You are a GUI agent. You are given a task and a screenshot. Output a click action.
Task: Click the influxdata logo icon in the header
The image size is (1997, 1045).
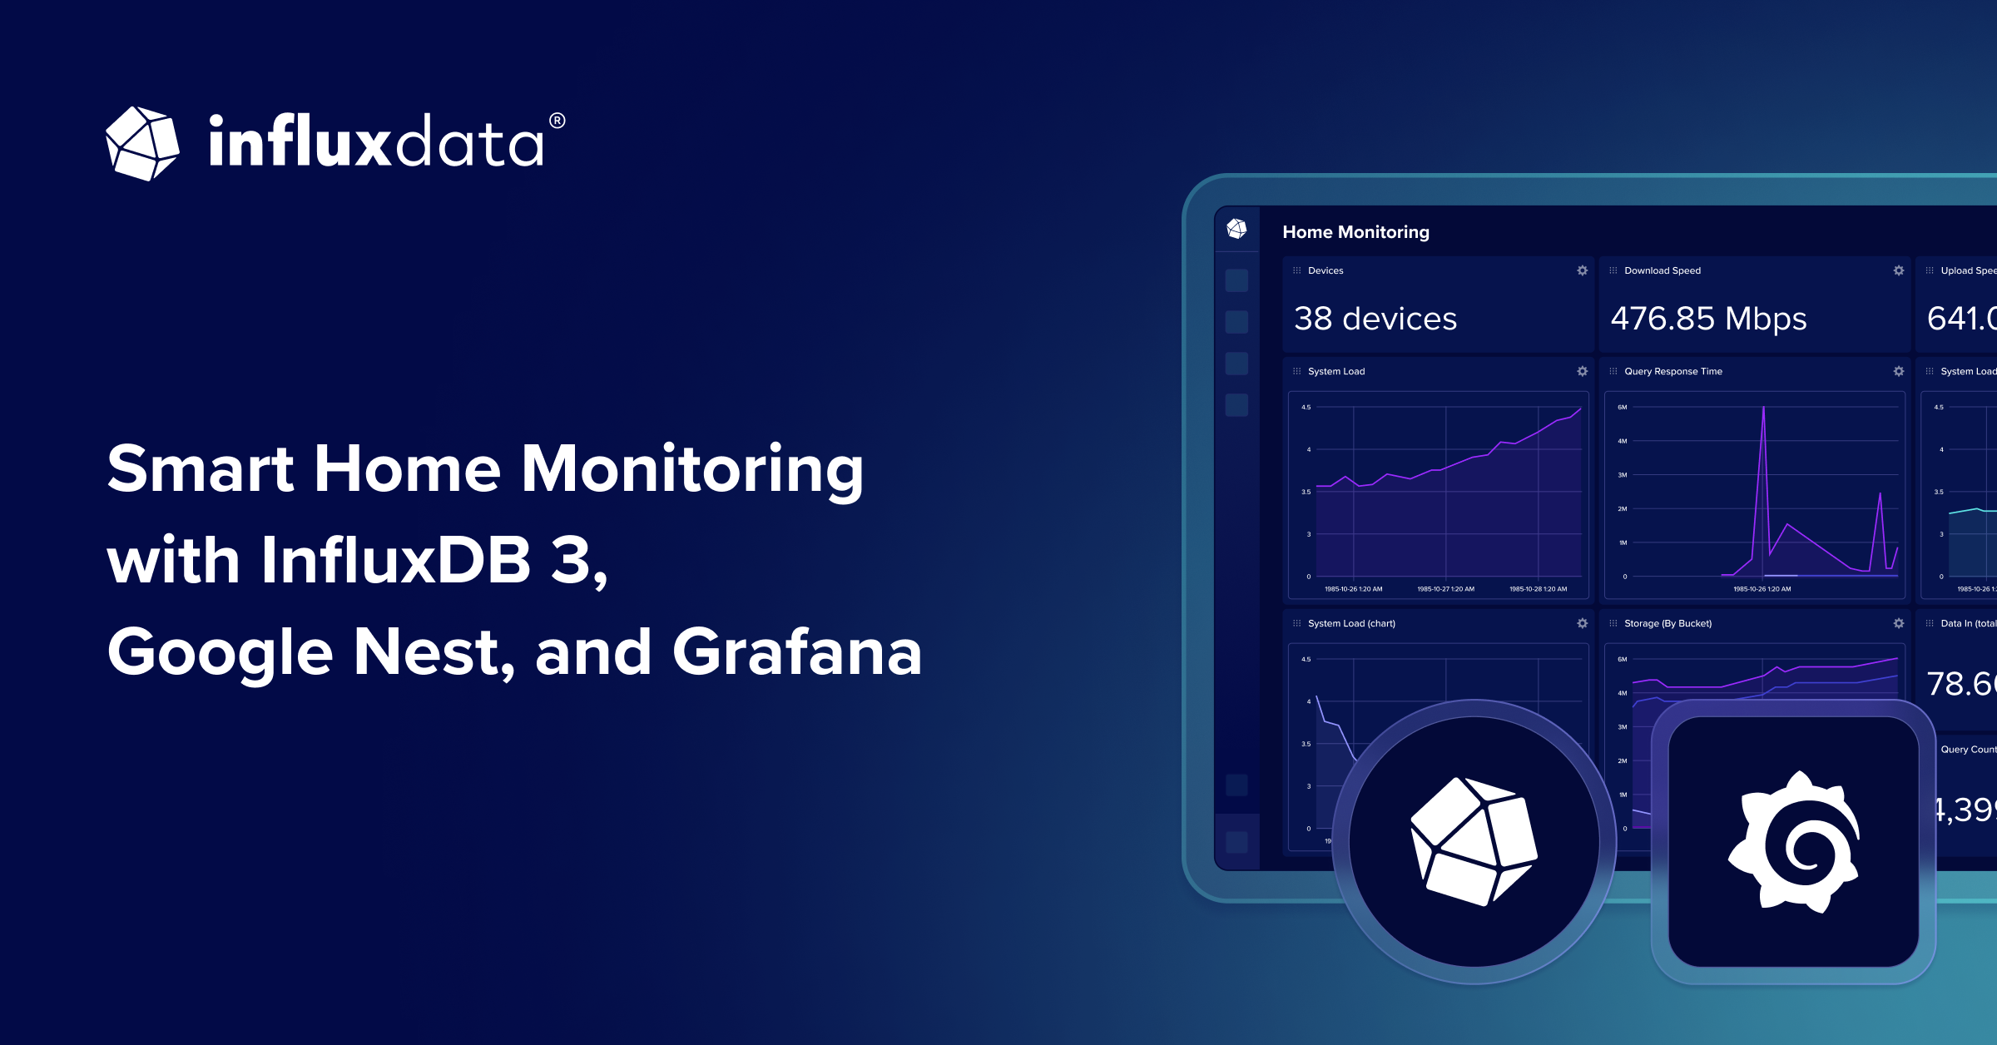(x=142, y=143)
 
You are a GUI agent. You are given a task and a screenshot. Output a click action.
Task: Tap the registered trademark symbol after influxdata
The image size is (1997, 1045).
(x=557, y=121)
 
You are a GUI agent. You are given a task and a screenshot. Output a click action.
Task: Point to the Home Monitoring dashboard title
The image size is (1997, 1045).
(x=1355, y=232)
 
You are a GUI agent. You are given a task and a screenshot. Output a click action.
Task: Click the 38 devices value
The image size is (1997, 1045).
(x=1375, y=319)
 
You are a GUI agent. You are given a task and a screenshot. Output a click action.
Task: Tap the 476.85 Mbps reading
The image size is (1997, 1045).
(x=1708, y=319)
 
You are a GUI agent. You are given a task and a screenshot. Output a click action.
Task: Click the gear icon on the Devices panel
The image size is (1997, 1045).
(x=1582, y=270)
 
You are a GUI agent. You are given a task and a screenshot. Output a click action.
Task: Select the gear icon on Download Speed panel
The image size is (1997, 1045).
(x=1898, y=270)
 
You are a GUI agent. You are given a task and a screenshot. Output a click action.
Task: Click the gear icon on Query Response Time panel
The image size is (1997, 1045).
(x=1898, y=371)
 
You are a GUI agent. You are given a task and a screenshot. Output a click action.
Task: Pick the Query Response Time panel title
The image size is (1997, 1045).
(x=1672, y=371)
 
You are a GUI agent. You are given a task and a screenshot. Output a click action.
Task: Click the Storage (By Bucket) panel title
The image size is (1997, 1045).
(x=1667, y=623)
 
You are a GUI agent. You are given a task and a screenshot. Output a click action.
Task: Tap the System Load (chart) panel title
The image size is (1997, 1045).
(x=1351, y=623)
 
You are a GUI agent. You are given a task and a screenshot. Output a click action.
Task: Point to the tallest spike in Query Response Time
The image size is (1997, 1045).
(x=1762, y=409)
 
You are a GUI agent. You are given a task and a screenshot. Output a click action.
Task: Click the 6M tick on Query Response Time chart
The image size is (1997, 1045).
(x=1622, y=407)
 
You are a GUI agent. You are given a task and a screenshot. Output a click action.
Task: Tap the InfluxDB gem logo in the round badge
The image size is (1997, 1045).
(x=1474, y=841)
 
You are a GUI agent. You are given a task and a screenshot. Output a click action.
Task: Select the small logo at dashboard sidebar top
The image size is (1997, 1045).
(x=1236, y=229)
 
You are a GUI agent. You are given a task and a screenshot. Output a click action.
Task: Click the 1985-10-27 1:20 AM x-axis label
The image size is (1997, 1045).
(x=1445, y=589)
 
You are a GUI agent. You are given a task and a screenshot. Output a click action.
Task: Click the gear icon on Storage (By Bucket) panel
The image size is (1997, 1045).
(x=1898, y=623)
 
